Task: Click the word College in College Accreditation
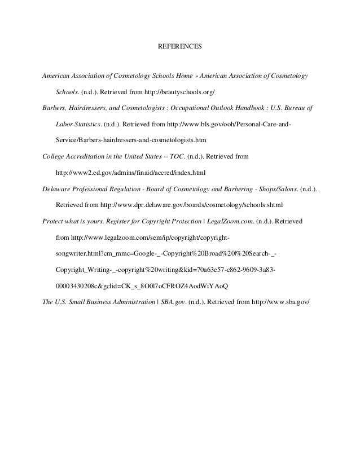coord(54,154)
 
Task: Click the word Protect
coord(54,222)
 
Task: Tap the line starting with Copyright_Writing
coord(166,269)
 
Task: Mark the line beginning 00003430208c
coord(142,285)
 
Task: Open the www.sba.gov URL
coord(280,301)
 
